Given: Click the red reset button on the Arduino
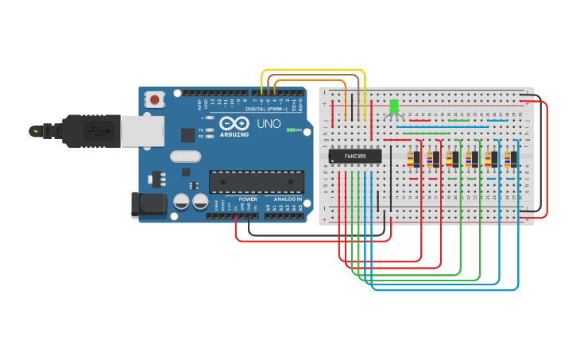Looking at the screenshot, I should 154,99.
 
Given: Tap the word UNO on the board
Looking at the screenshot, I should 269,124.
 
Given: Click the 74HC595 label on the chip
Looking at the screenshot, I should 355,157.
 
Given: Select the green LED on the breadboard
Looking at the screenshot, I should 394,106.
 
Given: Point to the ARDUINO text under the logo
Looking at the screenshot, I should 235,134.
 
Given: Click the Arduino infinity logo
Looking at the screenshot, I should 234,123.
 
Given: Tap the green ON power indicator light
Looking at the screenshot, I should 291,130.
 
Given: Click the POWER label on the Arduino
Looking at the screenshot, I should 248,199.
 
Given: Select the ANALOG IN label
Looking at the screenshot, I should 288,199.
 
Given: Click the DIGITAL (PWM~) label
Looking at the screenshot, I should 266,108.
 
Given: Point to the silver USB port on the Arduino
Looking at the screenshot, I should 142,131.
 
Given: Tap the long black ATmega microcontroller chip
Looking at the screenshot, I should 256,181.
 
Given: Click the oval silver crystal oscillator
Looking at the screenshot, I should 185,156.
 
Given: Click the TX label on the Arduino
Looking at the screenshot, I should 200,130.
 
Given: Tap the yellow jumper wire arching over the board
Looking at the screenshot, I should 314,71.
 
